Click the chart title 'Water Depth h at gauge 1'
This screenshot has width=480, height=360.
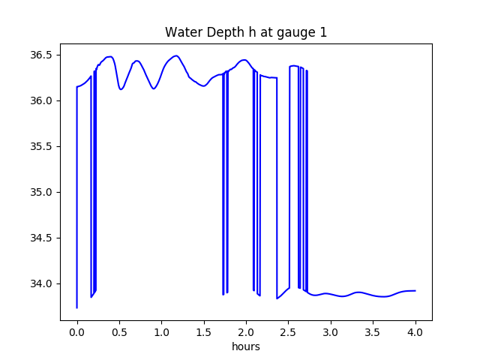tap(246, 32)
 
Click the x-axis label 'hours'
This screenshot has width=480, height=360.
tap(246, 347)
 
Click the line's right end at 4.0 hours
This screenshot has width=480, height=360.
tap(415, 290)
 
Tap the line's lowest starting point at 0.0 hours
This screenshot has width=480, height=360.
tap(76, 307)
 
